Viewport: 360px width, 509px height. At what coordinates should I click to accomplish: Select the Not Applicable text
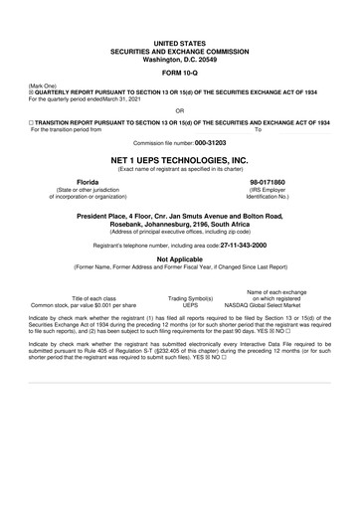tap(179, 257)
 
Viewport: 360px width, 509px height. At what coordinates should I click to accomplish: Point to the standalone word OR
tap(179, 111)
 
